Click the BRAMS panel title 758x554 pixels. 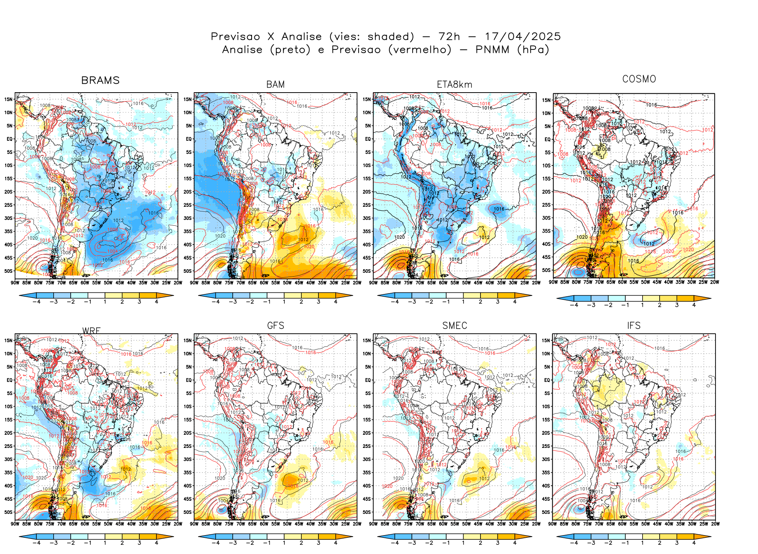coord(100,80)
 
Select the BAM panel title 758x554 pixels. coord(275,84)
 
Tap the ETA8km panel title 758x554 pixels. coord(454,84)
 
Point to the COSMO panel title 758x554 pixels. coord(639,79)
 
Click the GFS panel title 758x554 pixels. coord(275,326)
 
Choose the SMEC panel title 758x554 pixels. coord(454,326)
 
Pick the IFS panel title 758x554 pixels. coord(633,326)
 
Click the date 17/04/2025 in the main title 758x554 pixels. coord(523,37)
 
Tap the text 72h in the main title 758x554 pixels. coord(449,37)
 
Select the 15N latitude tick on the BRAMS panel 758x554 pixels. coord(8,99)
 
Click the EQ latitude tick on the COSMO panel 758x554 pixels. coord(547,140)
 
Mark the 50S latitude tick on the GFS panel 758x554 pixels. coord(188,512)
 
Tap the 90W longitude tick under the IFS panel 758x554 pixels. coord(553,524)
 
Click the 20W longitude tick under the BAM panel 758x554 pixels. coord(357,283)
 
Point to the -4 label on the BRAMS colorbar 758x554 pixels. coord(36,302)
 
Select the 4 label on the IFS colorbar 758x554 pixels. coord(694,543)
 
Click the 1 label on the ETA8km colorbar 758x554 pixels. coord(463,302)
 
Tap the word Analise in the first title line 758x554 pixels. coord(301,37)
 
